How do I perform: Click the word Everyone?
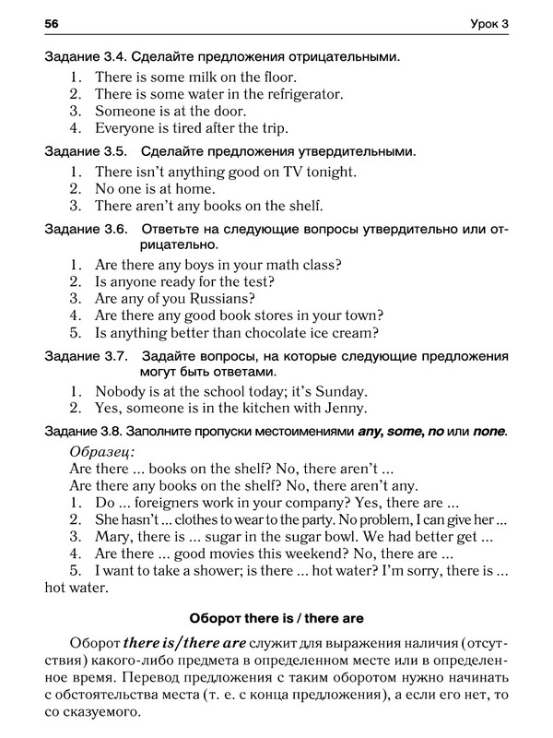[x=125, y=128]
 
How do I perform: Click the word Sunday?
[x=339, y=390]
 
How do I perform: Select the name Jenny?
[x=346, y=408]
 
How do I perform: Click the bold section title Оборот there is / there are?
[x=276, y=618]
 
